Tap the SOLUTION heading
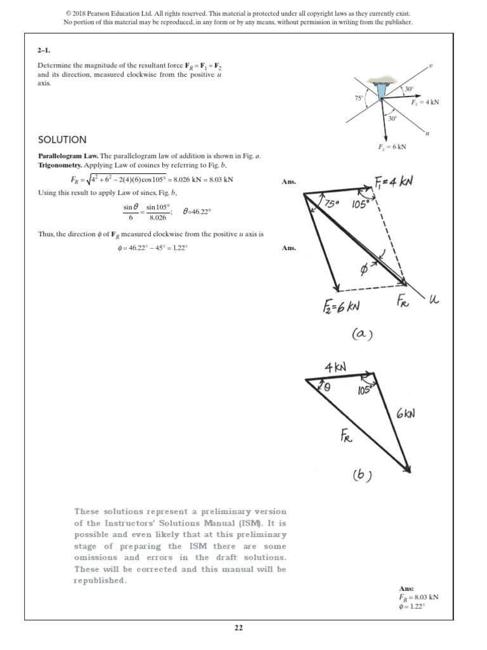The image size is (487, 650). point(62,140)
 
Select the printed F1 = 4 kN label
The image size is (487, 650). point(425,102)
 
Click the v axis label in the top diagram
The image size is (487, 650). point(430,65)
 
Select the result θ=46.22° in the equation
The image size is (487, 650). point(196,212)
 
